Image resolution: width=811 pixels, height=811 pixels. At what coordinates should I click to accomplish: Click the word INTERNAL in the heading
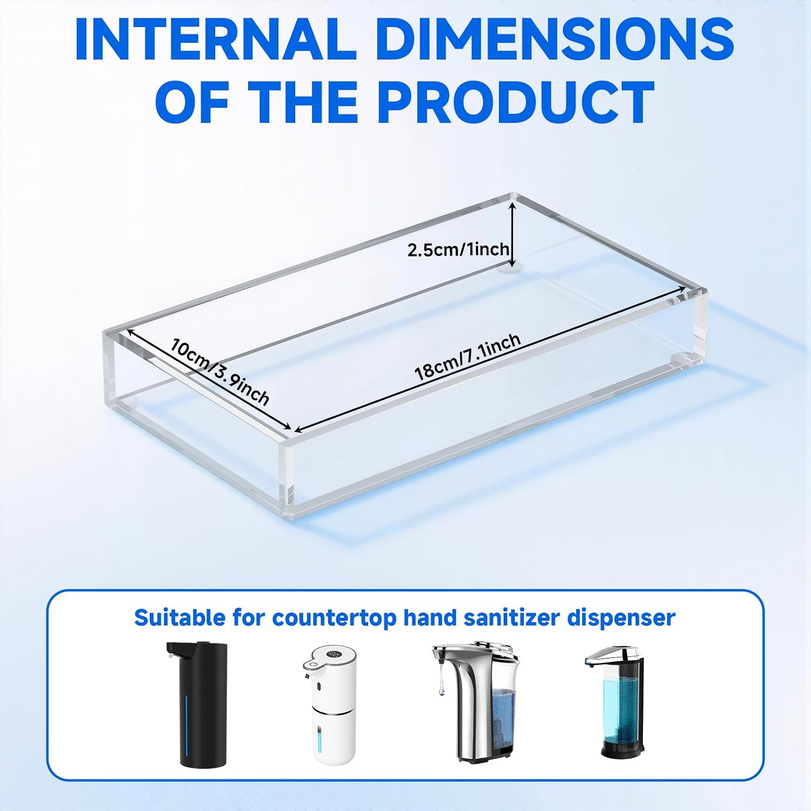tap(215, 39)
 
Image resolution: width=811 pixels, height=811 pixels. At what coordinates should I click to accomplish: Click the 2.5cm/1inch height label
tap(458, 249)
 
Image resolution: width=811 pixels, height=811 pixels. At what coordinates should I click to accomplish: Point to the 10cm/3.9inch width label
tap(220, 371)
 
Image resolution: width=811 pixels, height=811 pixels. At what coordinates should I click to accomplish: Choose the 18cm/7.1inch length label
tap(467, 357)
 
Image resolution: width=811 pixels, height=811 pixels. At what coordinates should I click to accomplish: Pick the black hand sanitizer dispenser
tap(197, 704)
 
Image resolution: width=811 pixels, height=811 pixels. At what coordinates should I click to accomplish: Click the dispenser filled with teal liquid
tap(615, 704)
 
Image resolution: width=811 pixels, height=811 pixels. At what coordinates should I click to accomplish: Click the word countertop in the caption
tap(334, 618)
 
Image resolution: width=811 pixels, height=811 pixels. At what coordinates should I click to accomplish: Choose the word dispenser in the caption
tap(621, 618)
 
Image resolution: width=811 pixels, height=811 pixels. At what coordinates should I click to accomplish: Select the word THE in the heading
tap(305, 102)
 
